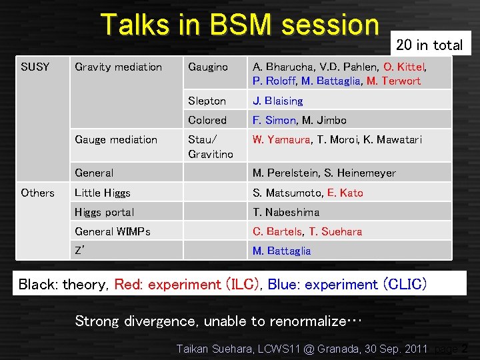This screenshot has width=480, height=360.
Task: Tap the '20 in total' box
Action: pyautogui.click(x=429, y=45)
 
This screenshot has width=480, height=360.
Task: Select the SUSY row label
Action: pyautogui.click(x=35, y=67)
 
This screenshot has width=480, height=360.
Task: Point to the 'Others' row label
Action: pyautogui.click(x=37, y=193)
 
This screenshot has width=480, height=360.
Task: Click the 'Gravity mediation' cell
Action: pyautogui.click(x=119, y=67)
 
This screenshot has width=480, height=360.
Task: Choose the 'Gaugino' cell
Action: pyautogui.click(x=208, y=67)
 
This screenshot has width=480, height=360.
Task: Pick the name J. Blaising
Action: pyautogui.click(x=277, y=101)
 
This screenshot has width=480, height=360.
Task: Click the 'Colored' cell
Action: pyautogui.click(x=207, y=120)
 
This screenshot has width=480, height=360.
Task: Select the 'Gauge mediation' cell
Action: pyautogui.click(x=116, y=139)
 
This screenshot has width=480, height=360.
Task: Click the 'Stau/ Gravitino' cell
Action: pyautogui.click(x=211, y=147)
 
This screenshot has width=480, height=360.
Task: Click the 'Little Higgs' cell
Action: pyautogui.click(x=103, y=193)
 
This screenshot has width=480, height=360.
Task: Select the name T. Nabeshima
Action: pyautogui.click(x=286, y=212)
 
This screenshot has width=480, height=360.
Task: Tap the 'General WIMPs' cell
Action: pyautogui.click(x=113, y=231)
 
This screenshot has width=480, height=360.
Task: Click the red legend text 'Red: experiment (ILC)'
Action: pyautogui.click(x=188, y=285)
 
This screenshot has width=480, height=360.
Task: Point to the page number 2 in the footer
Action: pyautogui.click(x=464, y=348)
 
